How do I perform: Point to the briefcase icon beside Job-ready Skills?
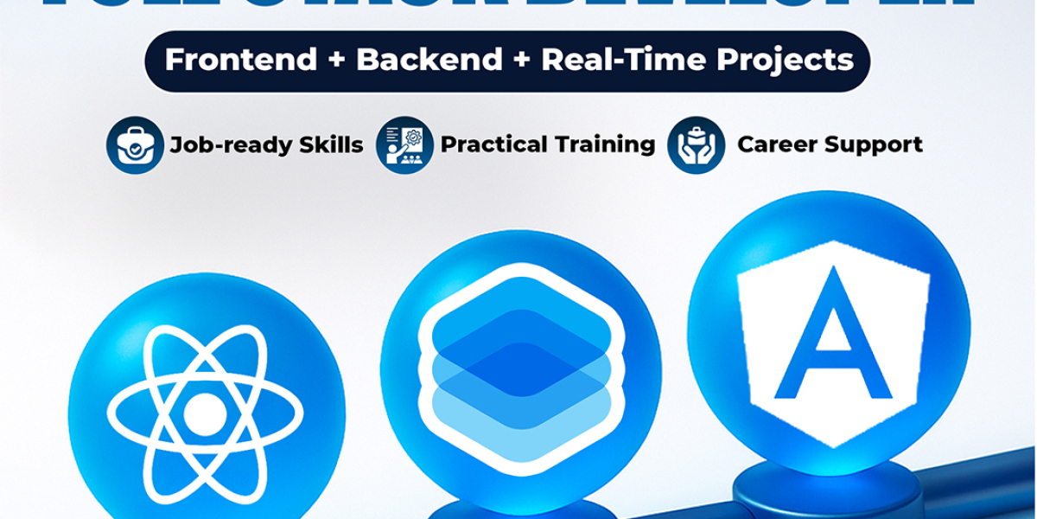point(135,144)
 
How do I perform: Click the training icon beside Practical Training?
point(404,144)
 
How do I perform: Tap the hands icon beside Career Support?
point(696,144)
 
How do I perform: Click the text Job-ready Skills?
point(267,144)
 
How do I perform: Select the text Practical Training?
point(548,144)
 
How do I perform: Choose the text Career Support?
point(830,144)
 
